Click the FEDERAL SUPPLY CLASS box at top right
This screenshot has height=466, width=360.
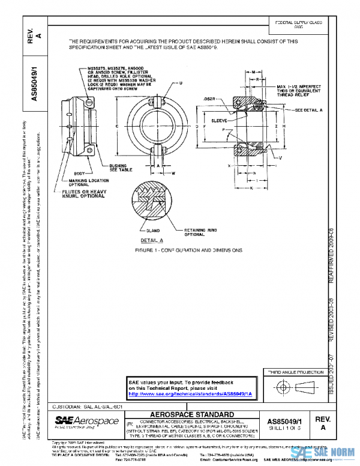coord(298,25)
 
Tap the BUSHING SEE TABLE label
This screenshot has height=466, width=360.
coord(130,168)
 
